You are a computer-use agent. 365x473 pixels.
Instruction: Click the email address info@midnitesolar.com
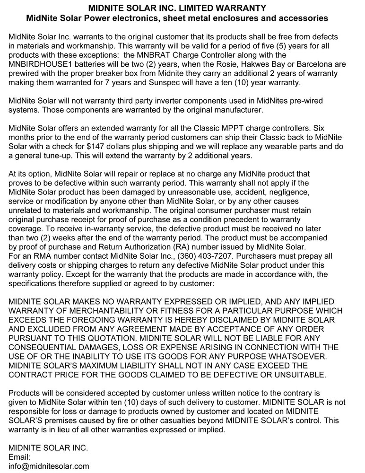pyautogui.click(x=49, y=466)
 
